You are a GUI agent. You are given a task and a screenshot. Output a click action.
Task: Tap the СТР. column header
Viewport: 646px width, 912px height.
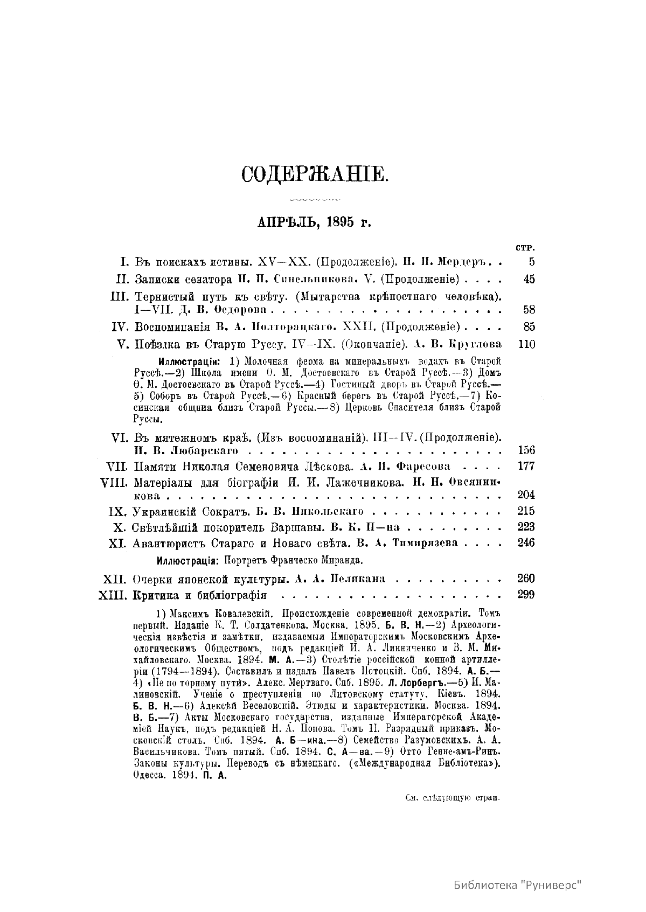tap(524, 249)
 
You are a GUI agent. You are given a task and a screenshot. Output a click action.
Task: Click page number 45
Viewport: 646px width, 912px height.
tap(529, 280)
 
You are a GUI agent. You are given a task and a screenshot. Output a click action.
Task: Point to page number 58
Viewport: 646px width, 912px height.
tap(529, 310)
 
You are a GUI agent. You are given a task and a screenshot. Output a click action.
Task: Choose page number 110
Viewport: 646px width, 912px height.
tap(526, 344)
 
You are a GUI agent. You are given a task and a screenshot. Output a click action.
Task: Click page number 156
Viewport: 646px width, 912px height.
tap(526, 450)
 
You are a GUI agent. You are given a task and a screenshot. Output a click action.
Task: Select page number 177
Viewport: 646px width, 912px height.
tap(526, 467)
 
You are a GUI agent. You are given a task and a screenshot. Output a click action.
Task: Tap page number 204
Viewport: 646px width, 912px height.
tap(526, 495)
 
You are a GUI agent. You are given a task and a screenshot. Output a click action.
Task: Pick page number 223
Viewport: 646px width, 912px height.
tap(526, 527)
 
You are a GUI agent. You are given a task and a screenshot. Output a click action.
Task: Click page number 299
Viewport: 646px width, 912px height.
tap(526, 595)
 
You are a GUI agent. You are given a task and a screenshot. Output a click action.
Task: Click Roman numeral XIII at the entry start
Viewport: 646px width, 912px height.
tap(113, 595)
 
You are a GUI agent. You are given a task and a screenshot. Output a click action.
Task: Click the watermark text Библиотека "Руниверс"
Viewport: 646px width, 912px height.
tap(519, 885)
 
